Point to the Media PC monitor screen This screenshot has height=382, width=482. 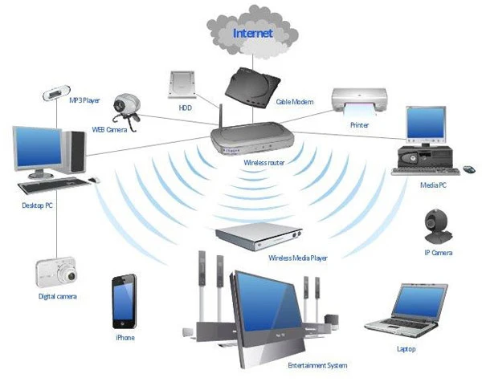pyautogui.click(x=427, y=124)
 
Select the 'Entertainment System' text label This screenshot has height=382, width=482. pyautogui.click(x=317, y=366)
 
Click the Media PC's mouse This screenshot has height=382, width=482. pyautogui.click(x=468, y=169)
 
